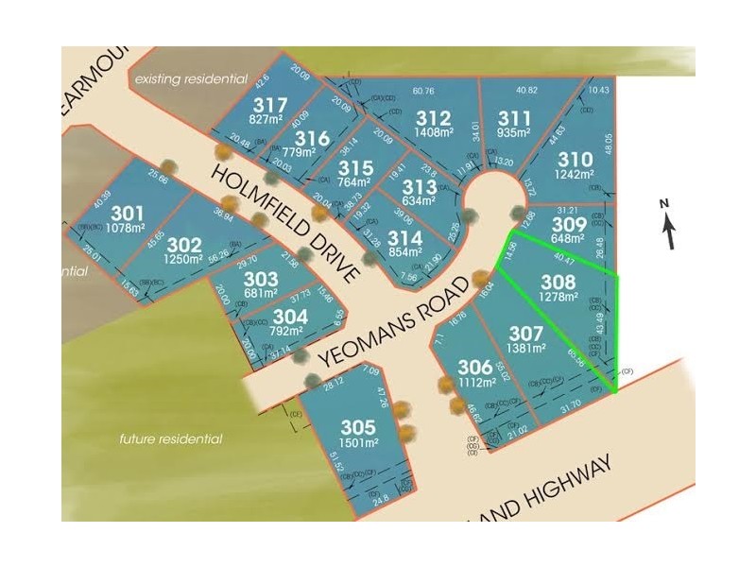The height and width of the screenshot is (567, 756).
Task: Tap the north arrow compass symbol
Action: tap(668, 224)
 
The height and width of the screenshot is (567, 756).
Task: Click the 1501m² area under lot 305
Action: tap(358, 442)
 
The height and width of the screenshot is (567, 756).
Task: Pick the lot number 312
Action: tap(433, 119)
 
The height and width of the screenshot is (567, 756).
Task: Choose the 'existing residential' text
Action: tap(191, 79)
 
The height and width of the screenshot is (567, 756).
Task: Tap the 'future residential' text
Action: tap(171, 438)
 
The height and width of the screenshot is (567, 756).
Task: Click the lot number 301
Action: tap(128, 213)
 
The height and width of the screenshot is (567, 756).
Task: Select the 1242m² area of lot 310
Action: tap(575, 174)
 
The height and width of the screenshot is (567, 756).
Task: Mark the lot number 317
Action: tap(269, 104)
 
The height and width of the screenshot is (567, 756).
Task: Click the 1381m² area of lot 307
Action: tap(526, 348)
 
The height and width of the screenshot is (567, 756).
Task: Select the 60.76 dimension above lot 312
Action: tap(423, 92)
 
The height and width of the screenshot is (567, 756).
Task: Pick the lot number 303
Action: tap(260, 280)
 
